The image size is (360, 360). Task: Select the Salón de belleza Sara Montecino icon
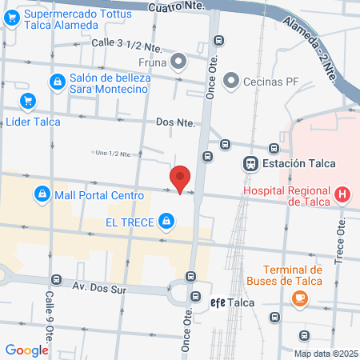coord(57,81)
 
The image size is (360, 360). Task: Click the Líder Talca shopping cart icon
coord(29,101)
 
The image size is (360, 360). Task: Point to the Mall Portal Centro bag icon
coord(42,194)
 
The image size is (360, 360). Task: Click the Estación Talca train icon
coord(250,163)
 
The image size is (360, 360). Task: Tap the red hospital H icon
coord(342,194)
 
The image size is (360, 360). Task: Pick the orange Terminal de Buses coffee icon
coord(300,298)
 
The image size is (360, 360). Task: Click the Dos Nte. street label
coord(175,122)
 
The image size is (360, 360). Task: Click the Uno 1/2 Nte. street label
coord(112,153)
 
